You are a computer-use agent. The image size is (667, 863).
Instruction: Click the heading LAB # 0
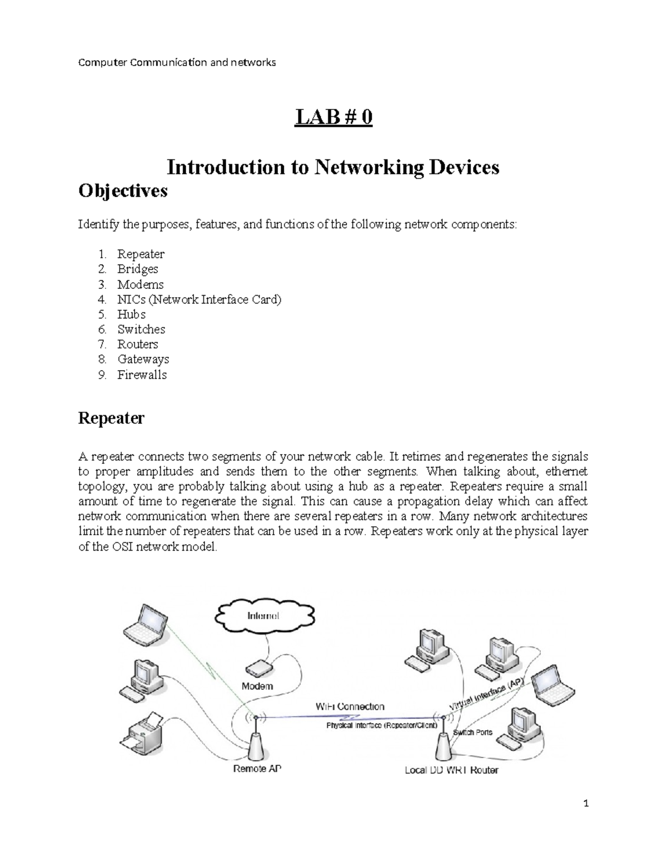333,118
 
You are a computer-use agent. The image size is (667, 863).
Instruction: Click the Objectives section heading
123,191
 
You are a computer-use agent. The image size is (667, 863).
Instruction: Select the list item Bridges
137,269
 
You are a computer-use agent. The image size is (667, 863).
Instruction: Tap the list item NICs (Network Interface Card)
199,300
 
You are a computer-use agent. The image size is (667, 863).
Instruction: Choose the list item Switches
141,330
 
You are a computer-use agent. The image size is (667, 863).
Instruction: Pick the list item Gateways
143,360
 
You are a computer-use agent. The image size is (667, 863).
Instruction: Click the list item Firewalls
142,375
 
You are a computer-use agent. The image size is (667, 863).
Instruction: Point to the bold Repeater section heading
111,418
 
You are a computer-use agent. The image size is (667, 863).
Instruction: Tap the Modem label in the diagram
257,686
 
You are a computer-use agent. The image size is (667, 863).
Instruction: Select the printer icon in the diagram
141,730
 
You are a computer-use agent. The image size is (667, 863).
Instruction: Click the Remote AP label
257,770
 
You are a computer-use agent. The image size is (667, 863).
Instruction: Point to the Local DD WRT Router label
451,770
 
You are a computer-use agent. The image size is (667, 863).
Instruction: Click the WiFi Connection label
350,706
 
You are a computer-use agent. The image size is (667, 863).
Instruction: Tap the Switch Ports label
472,732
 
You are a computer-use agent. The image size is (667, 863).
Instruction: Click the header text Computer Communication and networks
177,62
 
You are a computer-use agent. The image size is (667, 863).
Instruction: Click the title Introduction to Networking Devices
333,167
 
